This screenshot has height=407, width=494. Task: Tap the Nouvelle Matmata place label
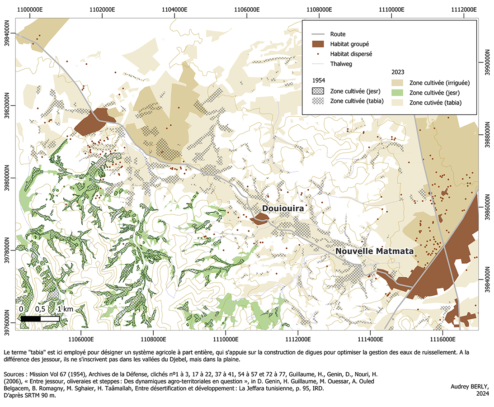(374, 251)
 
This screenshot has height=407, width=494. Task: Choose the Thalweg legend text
(341, 64)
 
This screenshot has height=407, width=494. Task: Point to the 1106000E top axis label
(247, 9)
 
